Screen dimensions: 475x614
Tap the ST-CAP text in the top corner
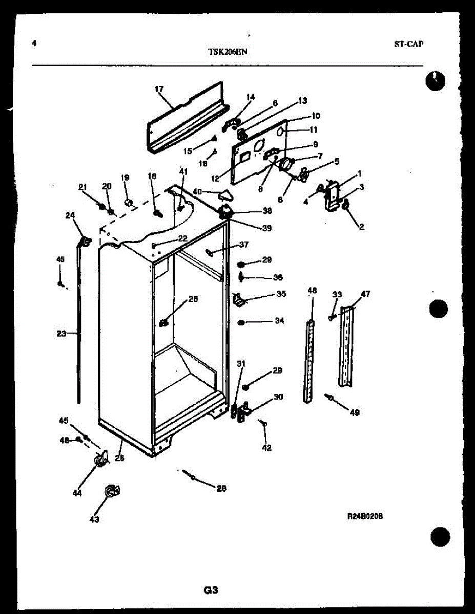tap(408, 44)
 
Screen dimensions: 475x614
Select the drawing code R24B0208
tap(365, 516)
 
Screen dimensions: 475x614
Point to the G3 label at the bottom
tap(211, 590)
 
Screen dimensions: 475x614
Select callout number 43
tap(94, 519)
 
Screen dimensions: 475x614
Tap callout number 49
tap(355, 412)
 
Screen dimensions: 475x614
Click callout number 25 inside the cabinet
tap(192, 299)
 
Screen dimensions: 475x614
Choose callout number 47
tap(365, 294)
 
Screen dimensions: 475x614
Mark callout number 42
tap(266, 448)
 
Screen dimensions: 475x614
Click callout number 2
tap(361, 226)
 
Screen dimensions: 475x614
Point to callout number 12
tap(215, 179)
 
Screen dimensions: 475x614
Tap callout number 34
tap(279, 321)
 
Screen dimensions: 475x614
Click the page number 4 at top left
tap(34, 43)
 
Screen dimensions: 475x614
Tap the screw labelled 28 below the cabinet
tap(192, 477)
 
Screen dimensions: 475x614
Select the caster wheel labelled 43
tap(111, 491)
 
